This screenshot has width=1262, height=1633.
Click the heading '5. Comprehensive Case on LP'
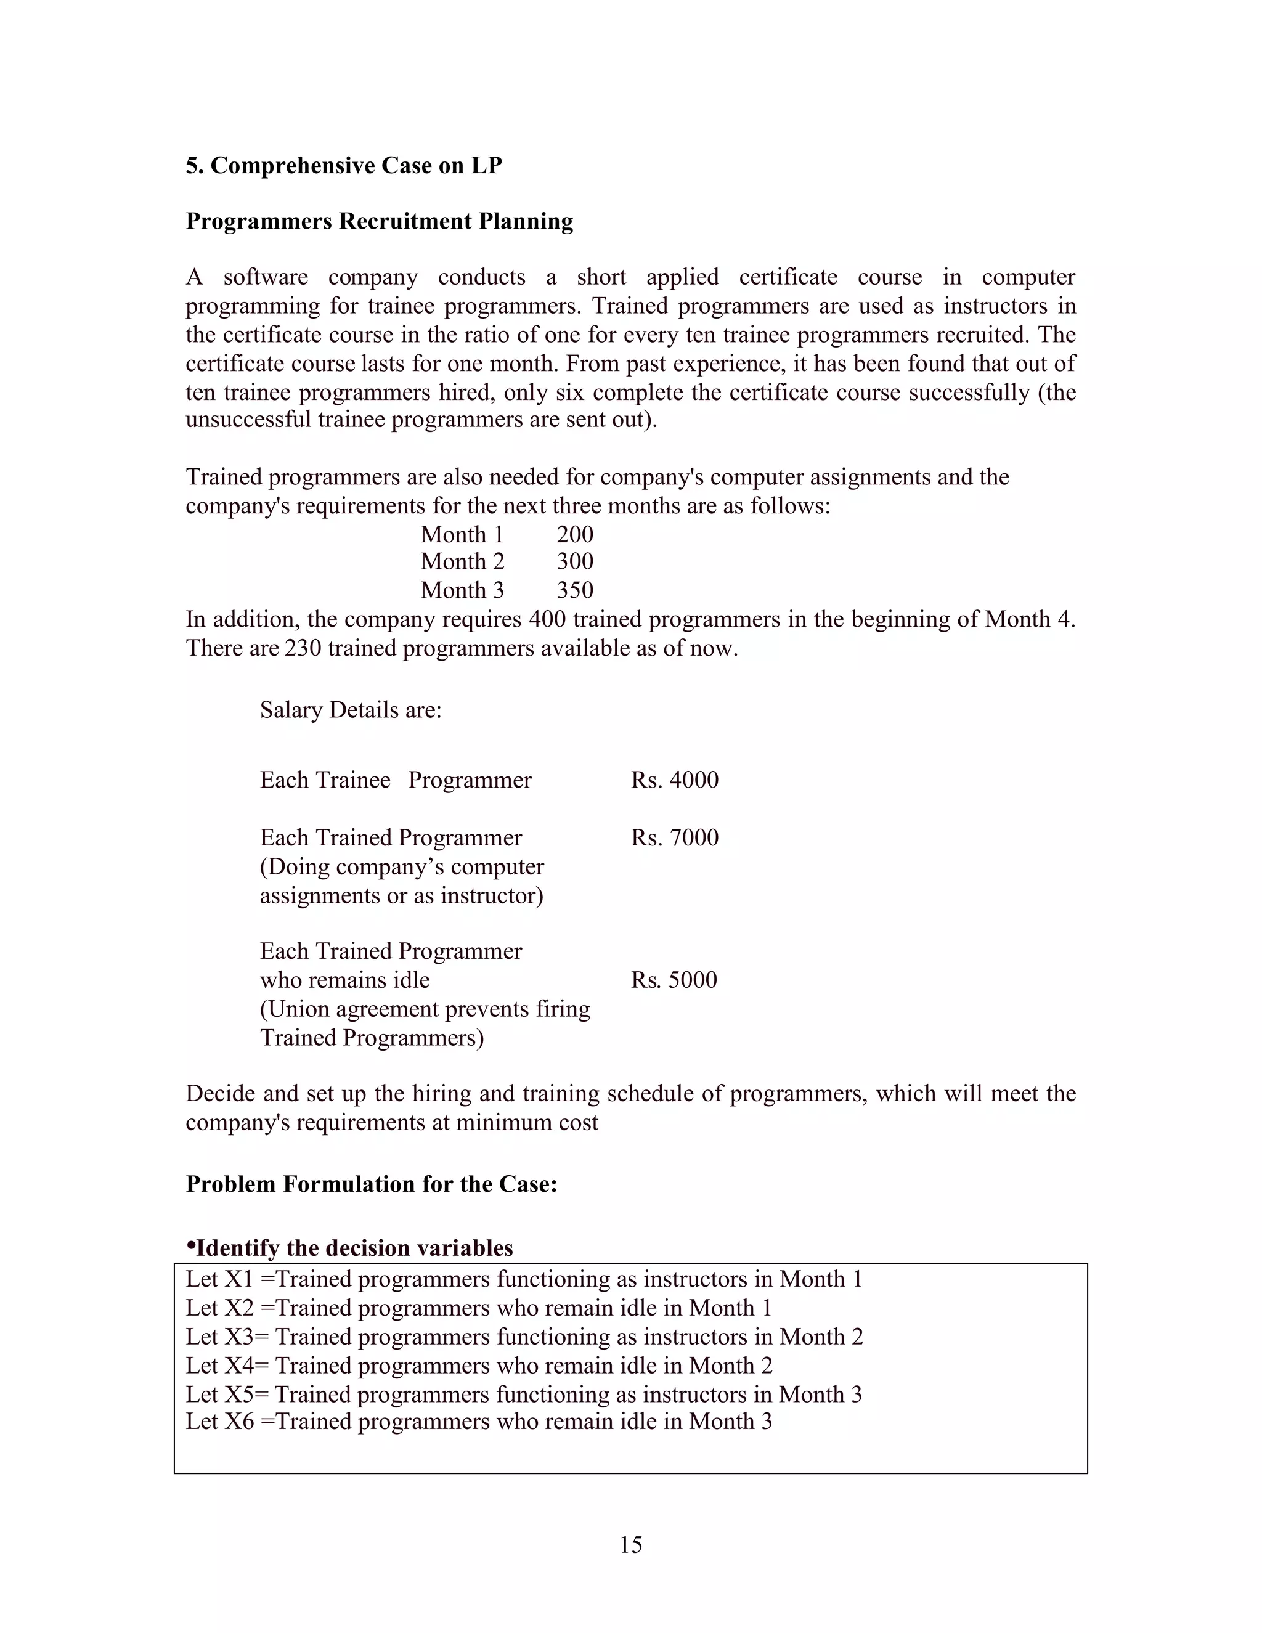[x=344, y=165]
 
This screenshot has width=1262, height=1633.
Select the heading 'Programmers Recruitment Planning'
[x=379, y=221]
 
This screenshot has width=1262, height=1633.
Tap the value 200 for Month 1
[x=574, y=535]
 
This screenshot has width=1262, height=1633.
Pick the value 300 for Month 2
[x=574, y=561]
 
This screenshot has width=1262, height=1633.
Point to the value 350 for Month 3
[x=574, y=590]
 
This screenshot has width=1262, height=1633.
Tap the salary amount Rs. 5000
[x=674, y=980]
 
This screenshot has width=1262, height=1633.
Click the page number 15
[x=630, y=1545]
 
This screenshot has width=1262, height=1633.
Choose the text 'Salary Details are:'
[x=351, y=709]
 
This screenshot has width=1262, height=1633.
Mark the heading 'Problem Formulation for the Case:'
[x=372, y=1184]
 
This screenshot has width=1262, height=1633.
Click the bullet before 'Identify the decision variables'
[x=190, y=1247]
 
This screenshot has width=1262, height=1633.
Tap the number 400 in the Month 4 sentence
[x=547, y=619]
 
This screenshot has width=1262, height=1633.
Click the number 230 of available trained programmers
[x=302, y=648]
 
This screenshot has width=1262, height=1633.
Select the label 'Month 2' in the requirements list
[x=462, y=561]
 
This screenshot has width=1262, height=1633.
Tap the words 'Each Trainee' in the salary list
[x=325, y=780]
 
